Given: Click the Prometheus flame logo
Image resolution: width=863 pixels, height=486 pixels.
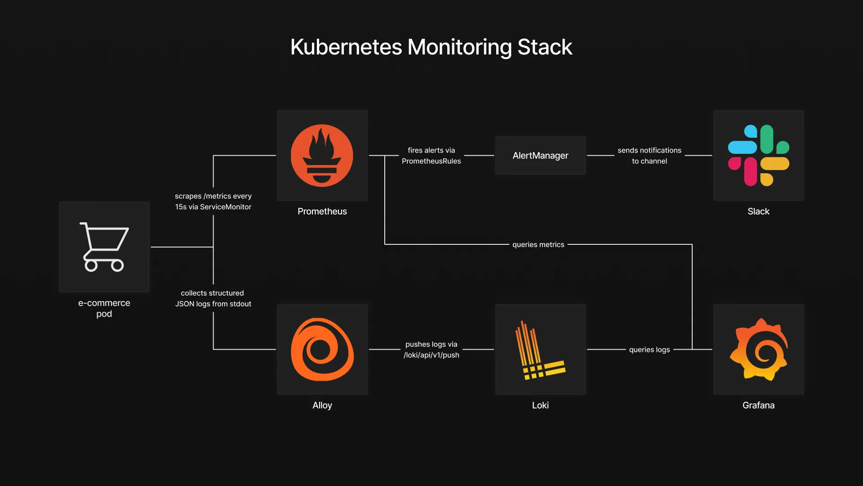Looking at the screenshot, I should point(322,155).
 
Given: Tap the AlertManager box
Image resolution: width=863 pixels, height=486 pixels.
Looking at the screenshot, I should point(540,155).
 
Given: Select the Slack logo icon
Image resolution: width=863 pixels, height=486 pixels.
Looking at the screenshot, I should point(758,155).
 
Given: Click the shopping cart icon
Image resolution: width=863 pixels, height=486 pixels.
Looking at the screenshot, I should point(104,247).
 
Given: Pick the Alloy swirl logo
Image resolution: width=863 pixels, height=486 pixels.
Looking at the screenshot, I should point(322,349).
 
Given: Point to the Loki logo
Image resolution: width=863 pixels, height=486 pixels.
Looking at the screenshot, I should point(540,350).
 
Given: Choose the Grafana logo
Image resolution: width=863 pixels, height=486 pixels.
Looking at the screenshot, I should point(758,349).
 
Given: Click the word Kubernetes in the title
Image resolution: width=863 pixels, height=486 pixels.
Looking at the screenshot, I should point(346,47).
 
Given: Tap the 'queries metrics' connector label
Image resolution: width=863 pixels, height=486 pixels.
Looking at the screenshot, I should point(538,244).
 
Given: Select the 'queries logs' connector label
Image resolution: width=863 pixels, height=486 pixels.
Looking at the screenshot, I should point(649,350).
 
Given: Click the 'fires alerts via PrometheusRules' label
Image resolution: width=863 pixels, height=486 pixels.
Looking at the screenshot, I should point(431,156).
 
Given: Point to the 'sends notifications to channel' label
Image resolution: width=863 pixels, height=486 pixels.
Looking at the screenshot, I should point(649,156).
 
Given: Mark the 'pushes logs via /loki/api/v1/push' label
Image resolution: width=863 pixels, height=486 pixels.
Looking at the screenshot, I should point(431,350).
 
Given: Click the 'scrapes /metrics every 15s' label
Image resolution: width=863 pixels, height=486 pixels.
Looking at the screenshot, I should point(213,202).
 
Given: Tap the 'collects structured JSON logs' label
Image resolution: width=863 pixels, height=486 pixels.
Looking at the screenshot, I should point(213,298).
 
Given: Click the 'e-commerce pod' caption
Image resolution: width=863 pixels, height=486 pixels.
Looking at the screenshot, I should point(104,308).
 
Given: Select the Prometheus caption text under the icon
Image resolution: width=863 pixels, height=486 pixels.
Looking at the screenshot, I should point(322,211).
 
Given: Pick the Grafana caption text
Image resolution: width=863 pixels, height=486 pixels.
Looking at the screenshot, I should point(758,405).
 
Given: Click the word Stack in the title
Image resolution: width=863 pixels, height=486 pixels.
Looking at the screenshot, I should point(544,47).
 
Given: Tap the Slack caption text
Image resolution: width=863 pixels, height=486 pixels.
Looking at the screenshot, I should point(758,211).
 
